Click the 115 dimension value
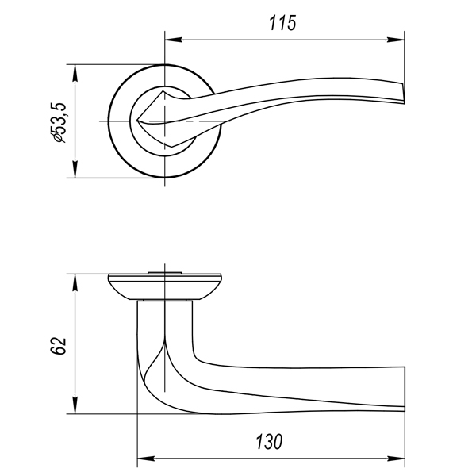[282, 23]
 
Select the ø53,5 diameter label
[58, 122]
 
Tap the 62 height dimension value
[58, 345]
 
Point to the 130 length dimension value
[269, 442]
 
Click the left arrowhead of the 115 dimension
[173, 40]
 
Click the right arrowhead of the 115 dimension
[396, 40]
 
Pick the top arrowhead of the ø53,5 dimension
[75, 73]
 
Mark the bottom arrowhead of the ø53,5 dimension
[75, 169]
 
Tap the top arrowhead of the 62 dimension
[75, 282]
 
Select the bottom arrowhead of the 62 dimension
[75, 405]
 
